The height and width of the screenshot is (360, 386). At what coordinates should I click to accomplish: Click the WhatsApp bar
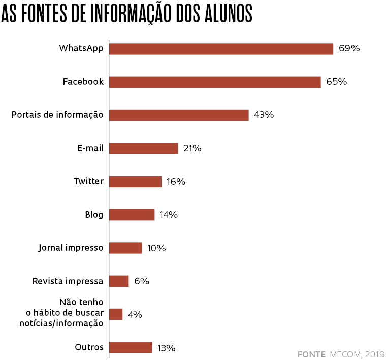(221, 49)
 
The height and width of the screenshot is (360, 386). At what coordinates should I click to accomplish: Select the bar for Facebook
(215, 82)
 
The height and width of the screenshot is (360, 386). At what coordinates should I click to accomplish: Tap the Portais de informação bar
(179, 115)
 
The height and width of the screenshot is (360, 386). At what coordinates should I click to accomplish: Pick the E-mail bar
(143, 148)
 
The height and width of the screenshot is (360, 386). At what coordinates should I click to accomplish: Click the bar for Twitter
(135, 182)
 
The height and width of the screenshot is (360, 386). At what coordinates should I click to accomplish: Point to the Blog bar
(132, 215)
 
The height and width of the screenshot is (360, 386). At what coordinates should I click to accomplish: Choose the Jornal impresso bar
(125, 248)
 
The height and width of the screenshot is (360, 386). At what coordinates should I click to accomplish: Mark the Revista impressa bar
(119, 281)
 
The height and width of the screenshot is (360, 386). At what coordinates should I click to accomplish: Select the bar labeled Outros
(131, 347)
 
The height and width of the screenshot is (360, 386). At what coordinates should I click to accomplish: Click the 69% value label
(349, 49)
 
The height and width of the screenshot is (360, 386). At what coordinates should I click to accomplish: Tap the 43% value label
(264, 115)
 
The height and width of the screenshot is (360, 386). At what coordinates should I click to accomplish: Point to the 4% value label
(135, 315)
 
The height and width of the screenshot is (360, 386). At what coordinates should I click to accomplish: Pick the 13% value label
(167, 348)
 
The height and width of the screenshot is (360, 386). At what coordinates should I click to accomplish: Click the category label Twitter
(88, 181)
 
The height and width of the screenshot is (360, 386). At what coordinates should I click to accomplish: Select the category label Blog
(94, 215)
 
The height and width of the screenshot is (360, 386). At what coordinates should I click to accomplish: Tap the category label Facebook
(83, 82)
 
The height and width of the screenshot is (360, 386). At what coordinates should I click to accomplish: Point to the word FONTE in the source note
(311, 353)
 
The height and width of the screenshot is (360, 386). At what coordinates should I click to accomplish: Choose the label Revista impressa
(68, 281)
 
